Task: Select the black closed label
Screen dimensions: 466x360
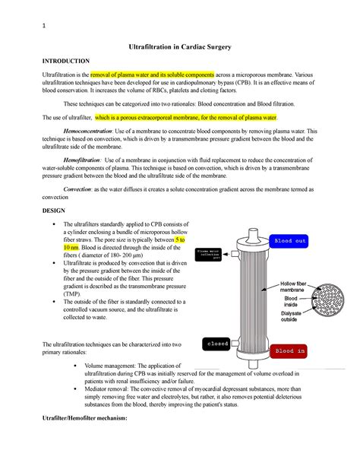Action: click(218, 344)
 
